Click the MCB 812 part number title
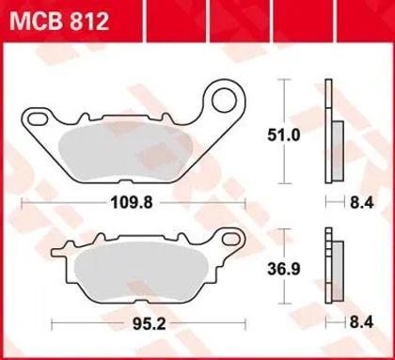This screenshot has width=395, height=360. tap(59, 22)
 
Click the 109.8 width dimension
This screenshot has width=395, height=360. tap(132, 203)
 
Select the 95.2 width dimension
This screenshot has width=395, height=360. tap(150, 324)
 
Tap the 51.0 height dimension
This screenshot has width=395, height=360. tap(284, 135)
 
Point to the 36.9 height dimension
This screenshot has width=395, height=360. tap(284, 269)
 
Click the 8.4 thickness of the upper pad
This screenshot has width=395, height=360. tap(362, 203)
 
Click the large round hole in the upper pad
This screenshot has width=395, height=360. tap(224, 100)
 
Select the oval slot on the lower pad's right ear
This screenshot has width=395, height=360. tap(230, 239)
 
